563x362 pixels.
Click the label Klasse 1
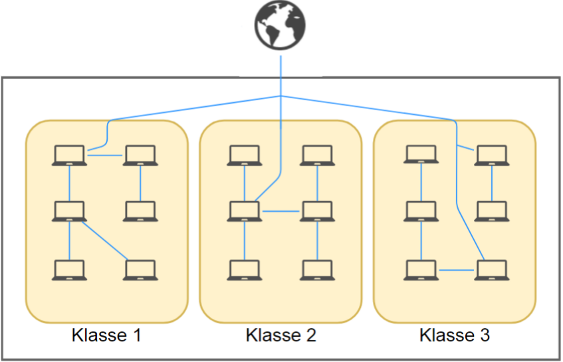pyautogui.click(x=106, y=335)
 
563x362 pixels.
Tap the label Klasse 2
pyautogui.click(x=281, y=335)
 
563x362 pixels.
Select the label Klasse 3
pyautogui.click(x=455, y=335)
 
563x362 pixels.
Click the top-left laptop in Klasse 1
pyautogui.click(x=69, y=155)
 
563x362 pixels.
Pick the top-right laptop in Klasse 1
pyautogui.click(x=140, y=155)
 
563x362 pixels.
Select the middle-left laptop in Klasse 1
pyautogui.click(x=69, y=211)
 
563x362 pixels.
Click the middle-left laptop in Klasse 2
pyautogui.click(x=245, y=211)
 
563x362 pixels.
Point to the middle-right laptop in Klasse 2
pyautogui.click(x=316, y=211)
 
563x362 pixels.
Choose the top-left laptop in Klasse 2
pyautogui.click(x=245, y=155)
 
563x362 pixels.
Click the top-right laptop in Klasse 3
pyautogui.click(x=491, y=155)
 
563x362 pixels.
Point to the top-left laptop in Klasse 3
pyautogui.click(x=421, y=155)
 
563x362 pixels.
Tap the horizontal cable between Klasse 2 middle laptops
pyautogui.click(x=281, y=212)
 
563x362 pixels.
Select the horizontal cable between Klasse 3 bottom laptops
pyautogui.click(x=456, y=270)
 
